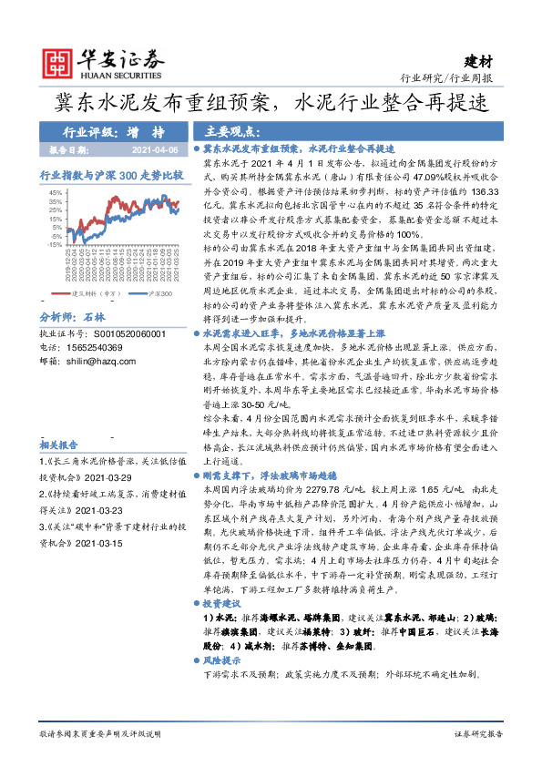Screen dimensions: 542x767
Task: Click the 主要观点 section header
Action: [228, 131]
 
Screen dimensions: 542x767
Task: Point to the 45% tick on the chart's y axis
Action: [56, 192]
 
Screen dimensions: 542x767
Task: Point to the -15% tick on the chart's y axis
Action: [55, 244]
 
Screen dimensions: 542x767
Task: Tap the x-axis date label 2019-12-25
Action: [66, 264]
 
